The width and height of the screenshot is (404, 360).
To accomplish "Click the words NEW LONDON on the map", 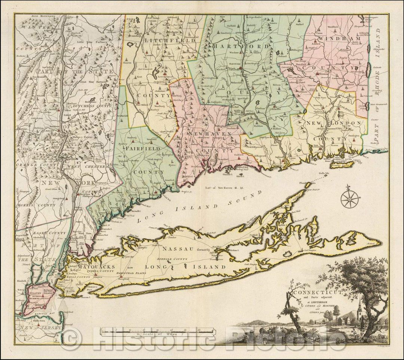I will coord(334,123).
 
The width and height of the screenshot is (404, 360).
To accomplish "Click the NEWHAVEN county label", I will coord(206,133).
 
